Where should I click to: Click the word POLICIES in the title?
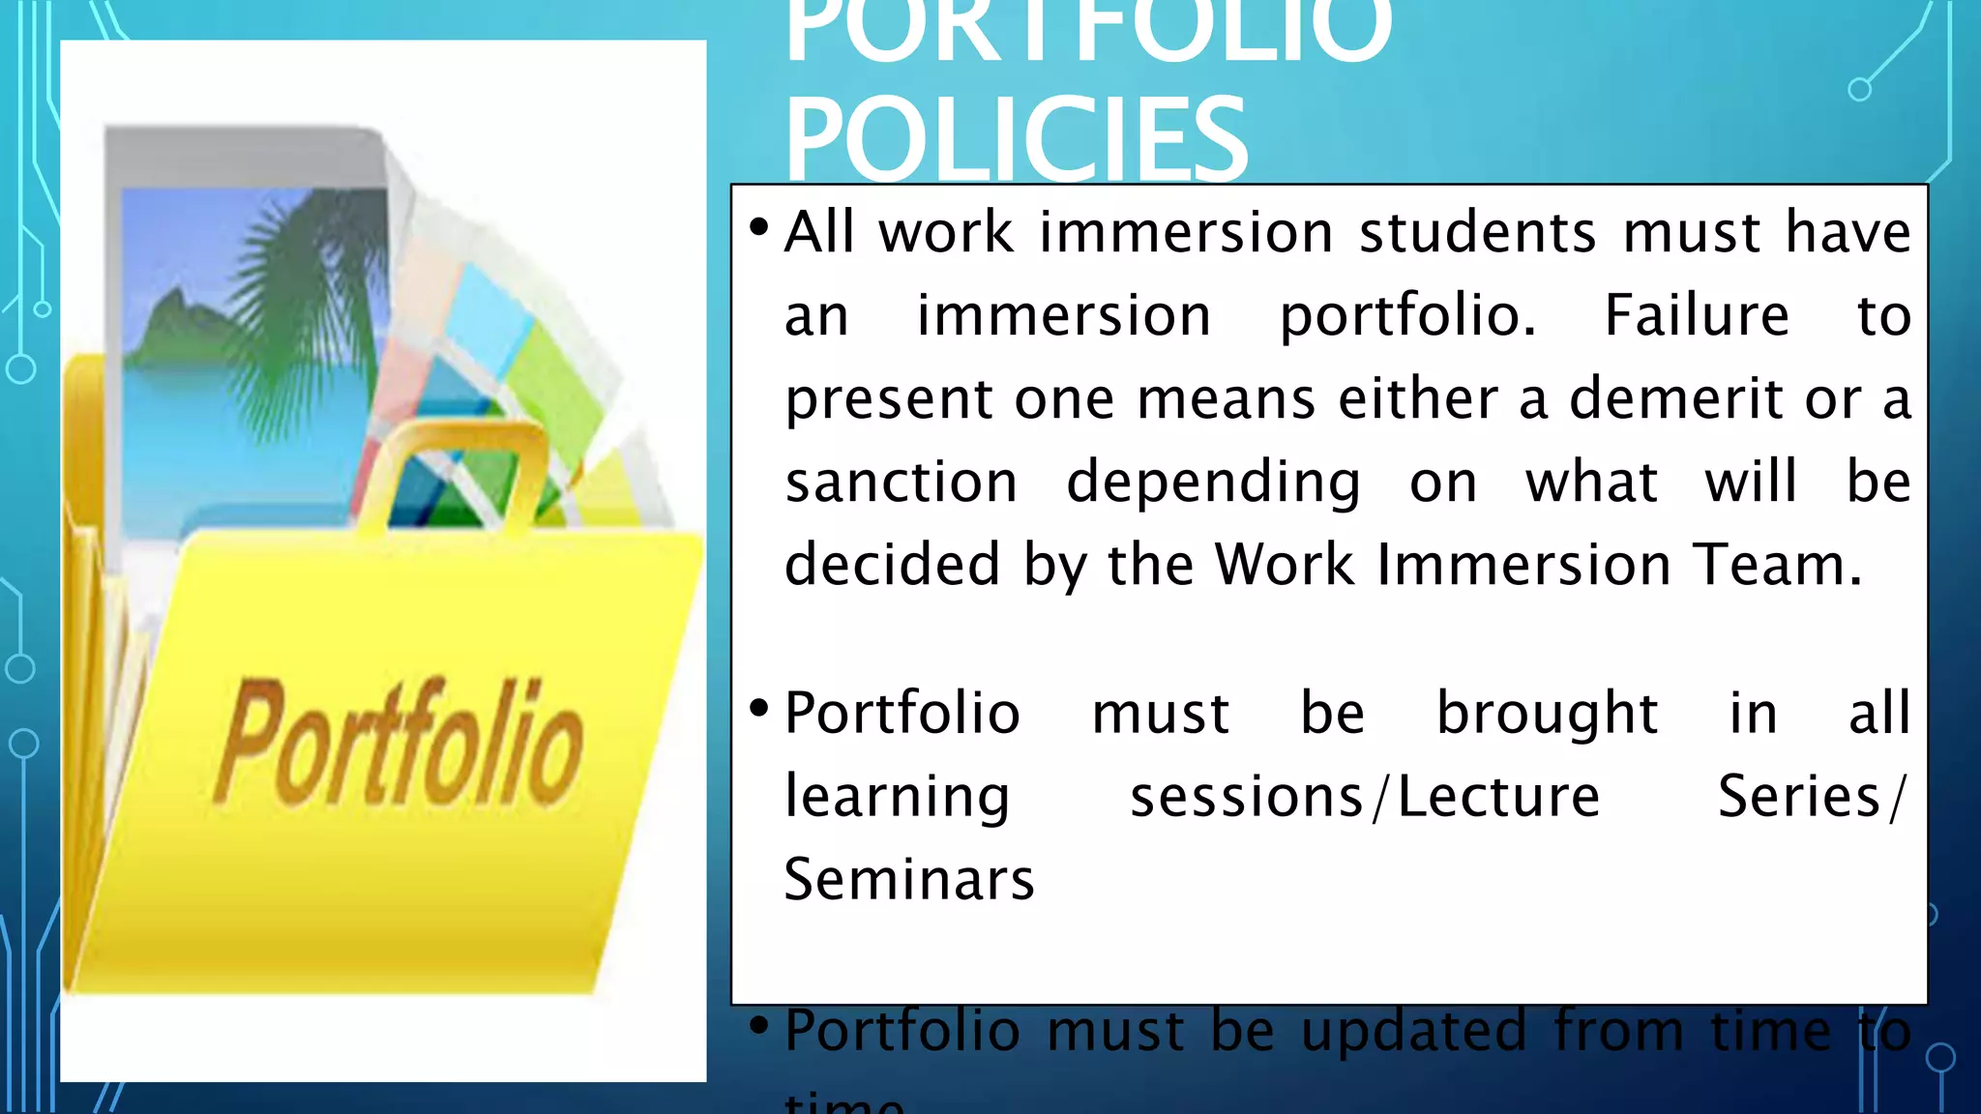click(1016, 140)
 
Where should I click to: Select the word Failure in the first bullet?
click(1697, 315)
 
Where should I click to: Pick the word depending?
click(1213, 484)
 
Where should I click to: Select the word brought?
click(1547, 714)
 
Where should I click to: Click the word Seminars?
click(908, 880)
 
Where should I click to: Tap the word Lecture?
click(1498, 797)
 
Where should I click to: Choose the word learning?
click(897, 799)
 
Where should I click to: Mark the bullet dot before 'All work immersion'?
click(759, 228)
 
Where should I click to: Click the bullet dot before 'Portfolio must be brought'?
click(759, 708)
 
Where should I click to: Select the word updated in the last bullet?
click(1415, 1031)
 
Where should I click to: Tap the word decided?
click(891, 565)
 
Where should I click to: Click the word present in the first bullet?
click(888, 400)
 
